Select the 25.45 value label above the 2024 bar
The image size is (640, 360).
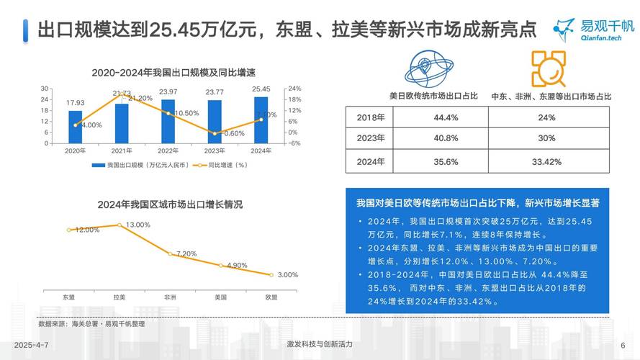click(x=261, y=89)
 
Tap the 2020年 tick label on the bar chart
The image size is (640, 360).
click(x=75, y=150)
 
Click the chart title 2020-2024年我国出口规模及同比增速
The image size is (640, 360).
click(x=174, y=73)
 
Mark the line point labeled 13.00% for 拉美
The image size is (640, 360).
click(x=120, y=225)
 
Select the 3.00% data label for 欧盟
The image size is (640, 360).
click(x=287, y=275)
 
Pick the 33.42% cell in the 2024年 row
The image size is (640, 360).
click(x=546, y=161)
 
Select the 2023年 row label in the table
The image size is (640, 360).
click(x=371, y=138)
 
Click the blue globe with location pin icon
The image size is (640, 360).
click(x=433, y=68)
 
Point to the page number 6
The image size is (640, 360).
click(x=623, y=345)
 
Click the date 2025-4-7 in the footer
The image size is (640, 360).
click(x=31, y=345)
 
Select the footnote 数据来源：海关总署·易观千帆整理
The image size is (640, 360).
click(x=91, y=324)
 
